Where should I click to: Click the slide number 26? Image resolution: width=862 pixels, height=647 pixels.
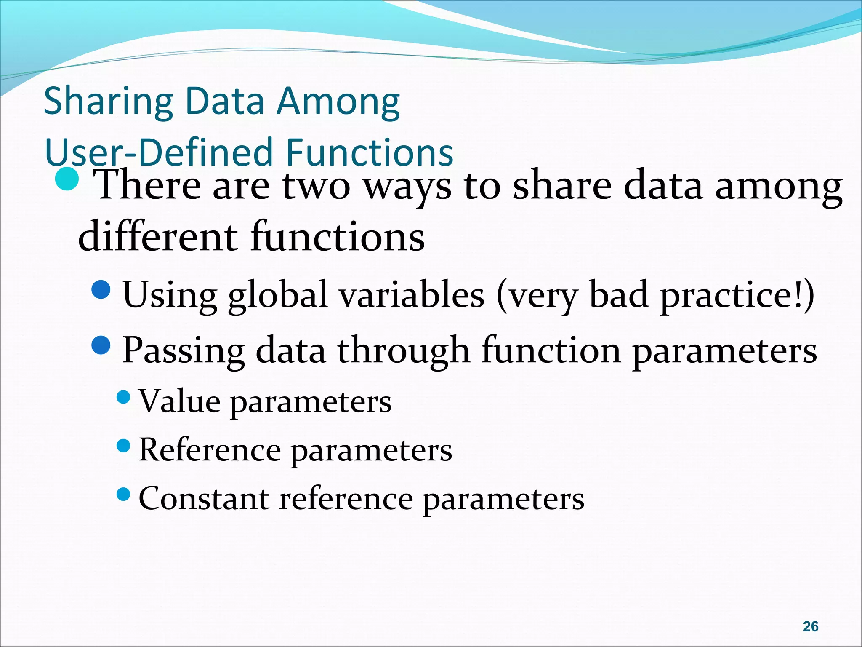coord(810,626)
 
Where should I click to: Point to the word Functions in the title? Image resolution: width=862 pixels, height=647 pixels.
coord(370,152)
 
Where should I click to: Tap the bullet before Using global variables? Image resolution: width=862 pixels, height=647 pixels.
coord(101,289)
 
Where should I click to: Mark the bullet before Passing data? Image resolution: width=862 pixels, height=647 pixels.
coord(101,345)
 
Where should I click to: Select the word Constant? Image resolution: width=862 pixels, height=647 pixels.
coord(204,499)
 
